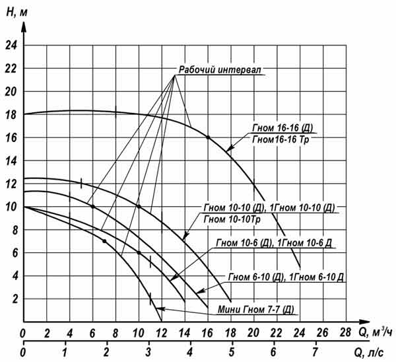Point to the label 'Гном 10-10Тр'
point(232,219)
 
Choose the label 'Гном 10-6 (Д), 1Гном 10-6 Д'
point(275,243)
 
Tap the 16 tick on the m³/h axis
point(208,332)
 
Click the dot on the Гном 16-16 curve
point(208,137)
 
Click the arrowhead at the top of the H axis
point(24,25)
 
